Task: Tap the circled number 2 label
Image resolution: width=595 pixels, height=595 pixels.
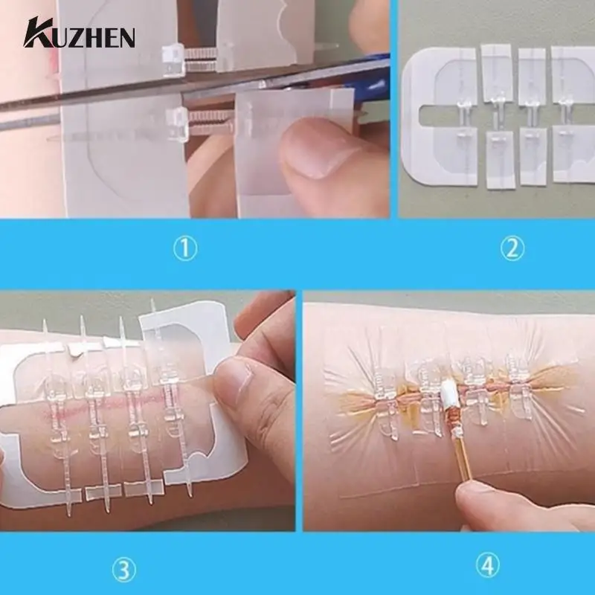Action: (x=512, y=249)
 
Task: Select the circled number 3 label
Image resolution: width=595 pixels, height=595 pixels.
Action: (x=125, y=570)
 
